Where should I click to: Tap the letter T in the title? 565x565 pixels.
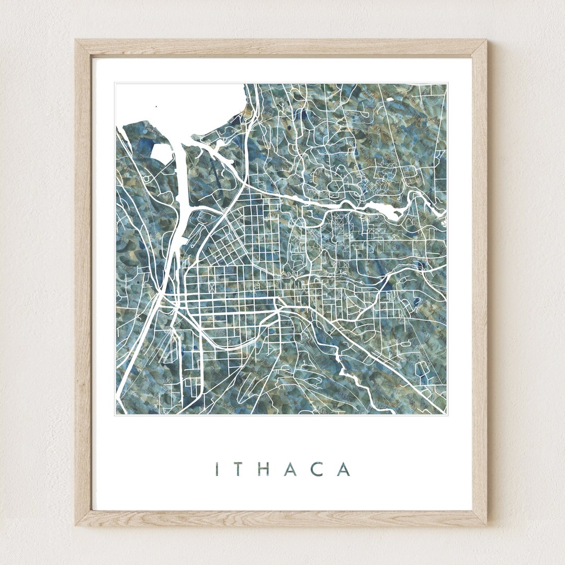(x=239, y=469)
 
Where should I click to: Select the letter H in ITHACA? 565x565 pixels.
(x=264, y=469)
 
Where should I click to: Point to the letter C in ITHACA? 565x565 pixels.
(x=318, y=469)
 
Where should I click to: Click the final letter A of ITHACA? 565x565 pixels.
(x=343, y=469)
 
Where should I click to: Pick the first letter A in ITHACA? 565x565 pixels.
(x=291, y=469)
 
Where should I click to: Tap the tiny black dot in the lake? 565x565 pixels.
(x=155, y=107)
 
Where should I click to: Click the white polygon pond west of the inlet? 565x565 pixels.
(x=161, y=153)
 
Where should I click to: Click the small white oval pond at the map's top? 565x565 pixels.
(x=389, y=98)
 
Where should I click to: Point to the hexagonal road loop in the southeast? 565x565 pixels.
(x=423, y=370)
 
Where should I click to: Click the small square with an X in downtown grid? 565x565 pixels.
(x=212, y=287)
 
